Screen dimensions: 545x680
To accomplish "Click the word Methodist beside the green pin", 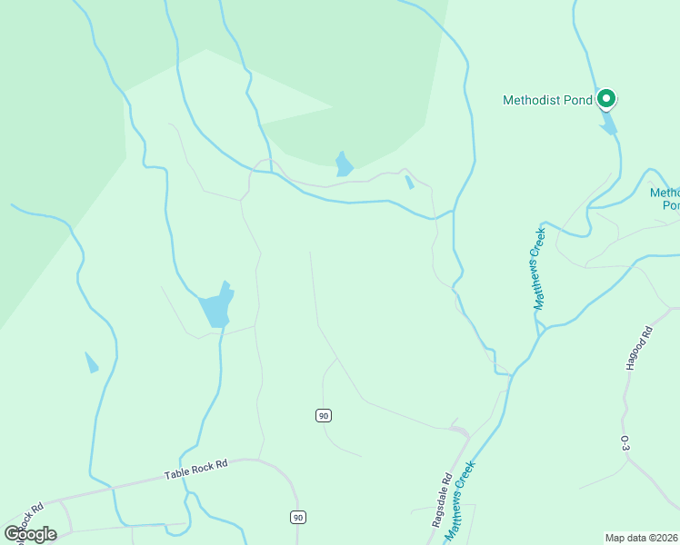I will tap(535, 100).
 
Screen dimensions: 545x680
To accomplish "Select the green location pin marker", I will tap(606, 98).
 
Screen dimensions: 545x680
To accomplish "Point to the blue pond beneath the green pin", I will tap(607, 123).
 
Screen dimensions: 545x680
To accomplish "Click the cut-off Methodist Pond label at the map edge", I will tap(665, 198).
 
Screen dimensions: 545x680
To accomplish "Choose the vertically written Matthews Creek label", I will tap(538, 269).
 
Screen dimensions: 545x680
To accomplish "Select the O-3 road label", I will tap(625, 443).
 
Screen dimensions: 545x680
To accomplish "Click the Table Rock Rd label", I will tap(195, 469).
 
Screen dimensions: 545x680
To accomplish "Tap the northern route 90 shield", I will tap(324, 415).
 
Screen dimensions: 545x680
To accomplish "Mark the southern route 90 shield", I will tap(298, 517).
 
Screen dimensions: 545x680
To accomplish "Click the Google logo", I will tap(31, 533).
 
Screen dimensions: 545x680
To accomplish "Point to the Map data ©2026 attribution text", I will tap(642, 537).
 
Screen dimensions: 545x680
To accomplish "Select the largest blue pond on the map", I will tap(217, 306).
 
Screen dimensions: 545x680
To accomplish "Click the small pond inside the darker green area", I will tap(344, 164).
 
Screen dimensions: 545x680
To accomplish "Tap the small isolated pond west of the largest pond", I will tap(91, 362).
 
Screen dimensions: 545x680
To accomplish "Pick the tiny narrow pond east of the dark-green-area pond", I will tap(409, 182).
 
